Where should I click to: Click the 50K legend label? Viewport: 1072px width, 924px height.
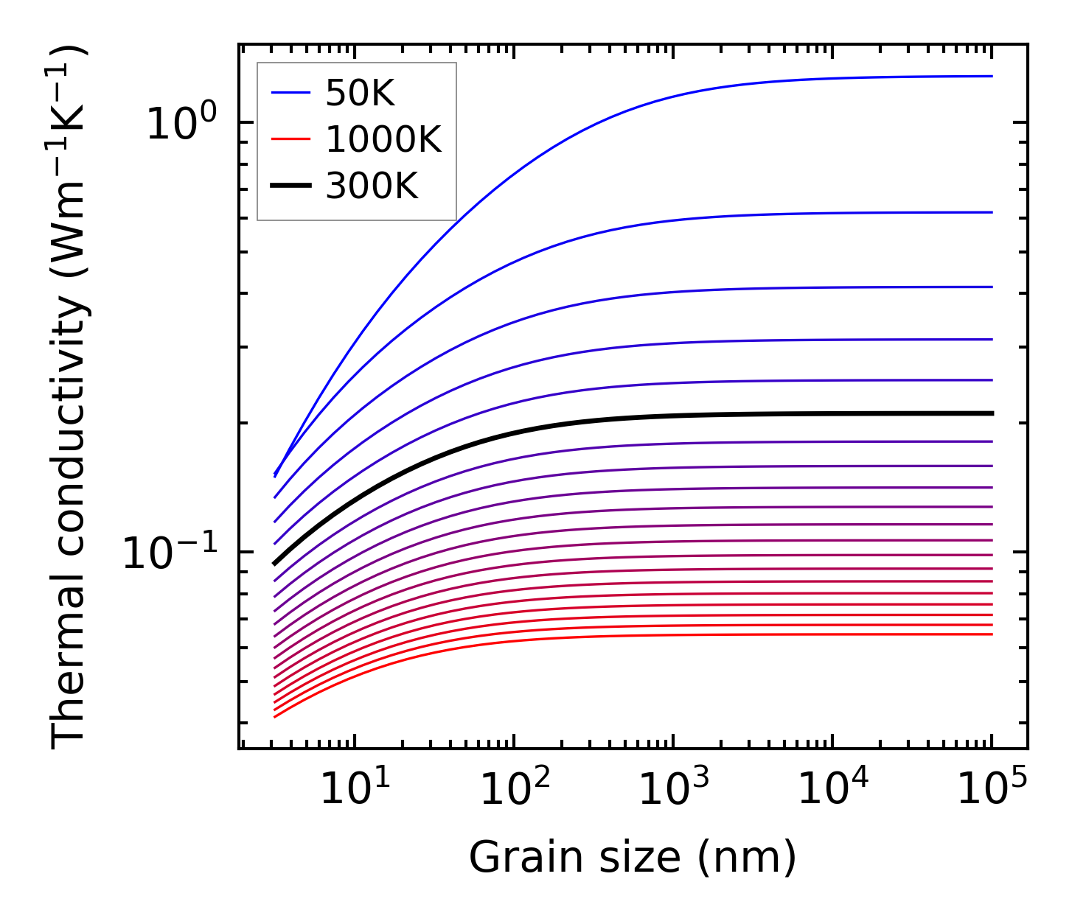click(x=360, y=94)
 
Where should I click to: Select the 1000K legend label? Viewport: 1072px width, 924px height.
click(x=383, y=139)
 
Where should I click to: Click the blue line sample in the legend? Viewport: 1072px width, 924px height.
click(x=292, y=93)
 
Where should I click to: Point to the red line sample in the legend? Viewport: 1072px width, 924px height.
click(x=292, y=139)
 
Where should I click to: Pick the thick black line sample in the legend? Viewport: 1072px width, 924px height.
click(x=292, y=186)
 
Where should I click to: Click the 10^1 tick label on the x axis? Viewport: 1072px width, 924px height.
click(x=354, y=790)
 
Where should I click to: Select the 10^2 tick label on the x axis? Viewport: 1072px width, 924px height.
click(x=514, y=790)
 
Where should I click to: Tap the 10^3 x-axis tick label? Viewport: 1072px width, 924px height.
click(x=673, y=790)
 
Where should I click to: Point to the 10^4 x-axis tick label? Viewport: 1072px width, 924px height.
click(x=832, y=790)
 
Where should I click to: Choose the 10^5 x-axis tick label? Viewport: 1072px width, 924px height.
click(x=992, y=790)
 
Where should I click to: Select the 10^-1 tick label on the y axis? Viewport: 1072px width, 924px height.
click(x=170, y=553)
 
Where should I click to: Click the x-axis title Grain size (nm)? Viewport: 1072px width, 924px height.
click(x=633, y=858)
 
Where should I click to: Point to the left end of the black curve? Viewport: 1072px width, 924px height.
click(x=274, y=564)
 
